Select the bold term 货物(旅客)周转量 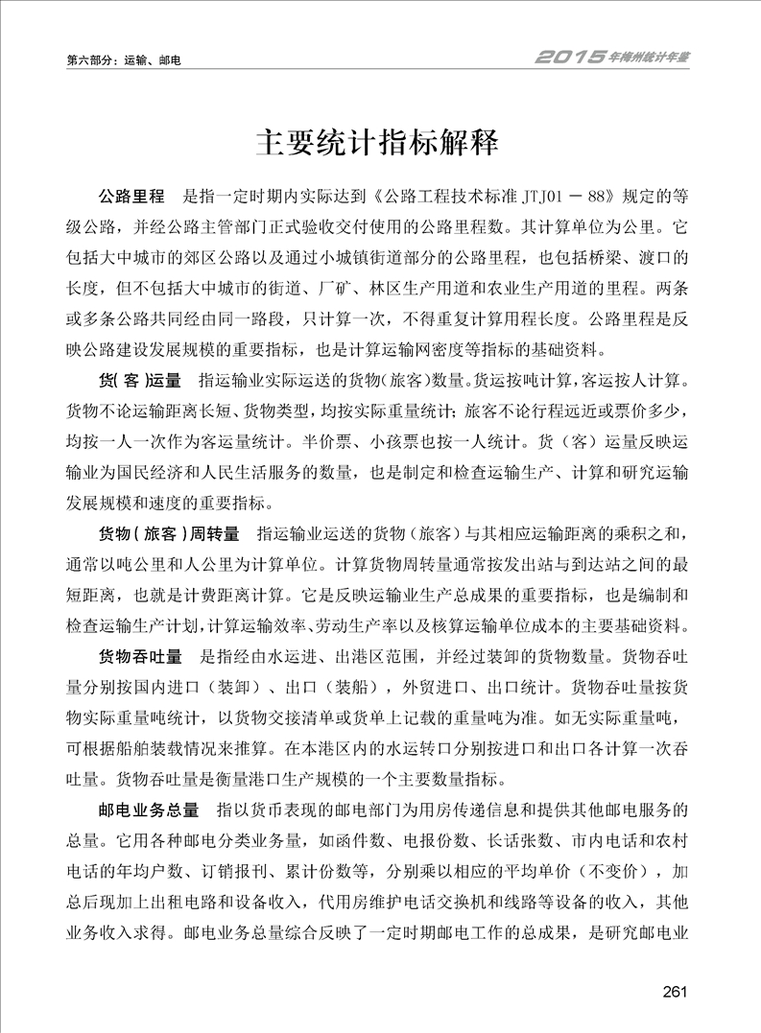[168, 530]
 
